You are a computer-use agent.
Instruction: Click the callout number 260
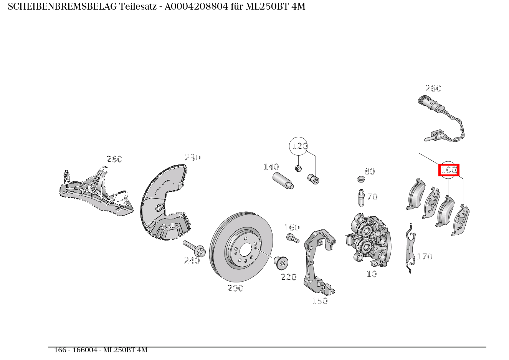click(433, 88)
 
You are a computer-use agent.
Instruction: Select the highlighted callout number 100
click(449, 169)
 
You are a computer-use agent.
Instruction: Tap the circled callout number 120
click(299, 146)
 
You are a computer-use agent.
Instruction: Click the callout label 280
click(114, 159)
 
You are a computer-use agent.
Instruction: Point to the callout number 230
click(192, 158)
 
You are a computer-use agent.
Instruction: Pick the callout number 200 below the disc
click(235, 288)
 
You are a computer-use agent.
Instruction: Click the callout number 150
click(319, 301)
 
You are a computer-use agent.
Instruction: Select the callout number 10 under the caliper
click(371, 274)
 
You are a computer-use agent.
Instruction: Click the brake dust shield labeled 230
click(163, 204)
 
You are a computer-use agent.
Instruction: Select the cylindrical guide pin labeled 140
click(283, 181)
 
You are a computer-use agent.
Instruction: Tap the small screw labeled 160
click(292, 238)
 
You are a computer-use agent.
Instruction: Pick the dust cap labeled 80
click(360, 179)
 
